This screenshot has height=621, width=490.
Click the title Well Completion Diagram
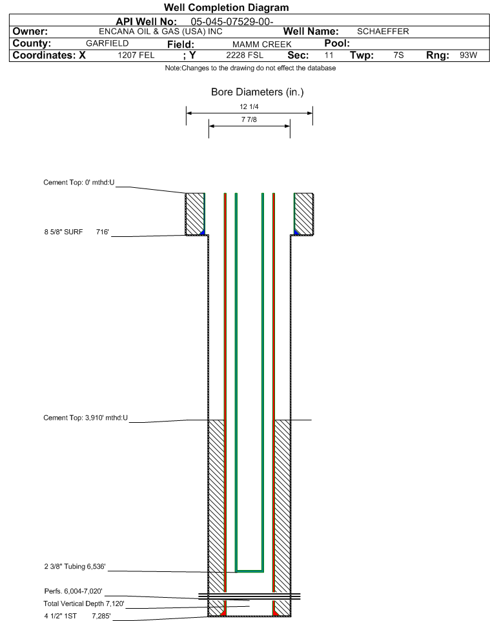pyautogui.click(x=226, y=8)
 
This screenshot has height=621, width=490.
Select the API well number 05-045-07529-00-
pyautogui.click(x=232, y=22)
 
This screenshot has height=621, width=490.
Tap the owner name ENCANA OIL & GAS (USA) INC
pyautogui.click(x=161, y=32)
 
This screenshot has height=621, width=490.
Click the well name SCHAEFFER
pyautogui.click(x=383, y=31)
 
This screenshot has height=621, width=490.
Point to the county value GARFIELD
pyautogui.click(x=107, y=43)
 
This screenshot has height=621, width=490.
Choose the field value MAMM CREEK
pyautogui.click(x=262, y=45)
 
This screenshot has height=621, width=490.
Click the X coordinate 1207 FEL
pyautogui.click(x=136, y=55)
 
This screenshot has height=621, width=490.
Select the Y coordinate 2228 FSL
pyautogui.click(x=245, y=55)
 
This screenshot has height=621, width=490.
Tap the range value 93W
pyautogui.click(x=468, y=55)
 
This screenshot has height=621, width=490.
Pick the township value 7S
pyautogui.click(x=398, y=55)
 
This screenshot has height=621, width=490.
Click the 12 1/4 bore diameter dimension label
pyautogui.click(x=249, y=107)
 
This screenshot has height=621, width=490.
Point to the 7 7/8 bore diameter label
pyautogui.click(x=249, y=119)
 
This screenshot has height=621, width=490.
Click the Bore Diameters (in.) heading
pyautogui.click(x=258, y=92)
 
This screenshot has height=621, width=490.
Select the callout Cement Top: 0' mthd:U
pyautogui.click(x=79, y=183)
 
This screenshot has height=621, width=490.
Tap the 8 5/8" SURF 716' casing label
pyautogui.click(x=76, y=232)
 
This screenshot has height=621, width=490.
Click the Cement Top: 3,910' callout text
pyautogui.click(x=86, y=418)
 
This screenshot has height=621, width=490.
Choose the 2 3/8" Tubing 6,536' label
pyautogui.click(x=75, y=567)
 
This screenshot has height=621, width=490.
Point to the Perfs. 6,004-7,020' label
pyautogui.click(x=74, y=591)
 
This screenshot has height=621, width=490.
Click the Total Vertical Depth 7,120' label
pyautogui.click(x=84, y=604)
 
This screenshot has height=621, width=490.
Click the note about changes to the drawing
pyautogui.click(x=250, y=68)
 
